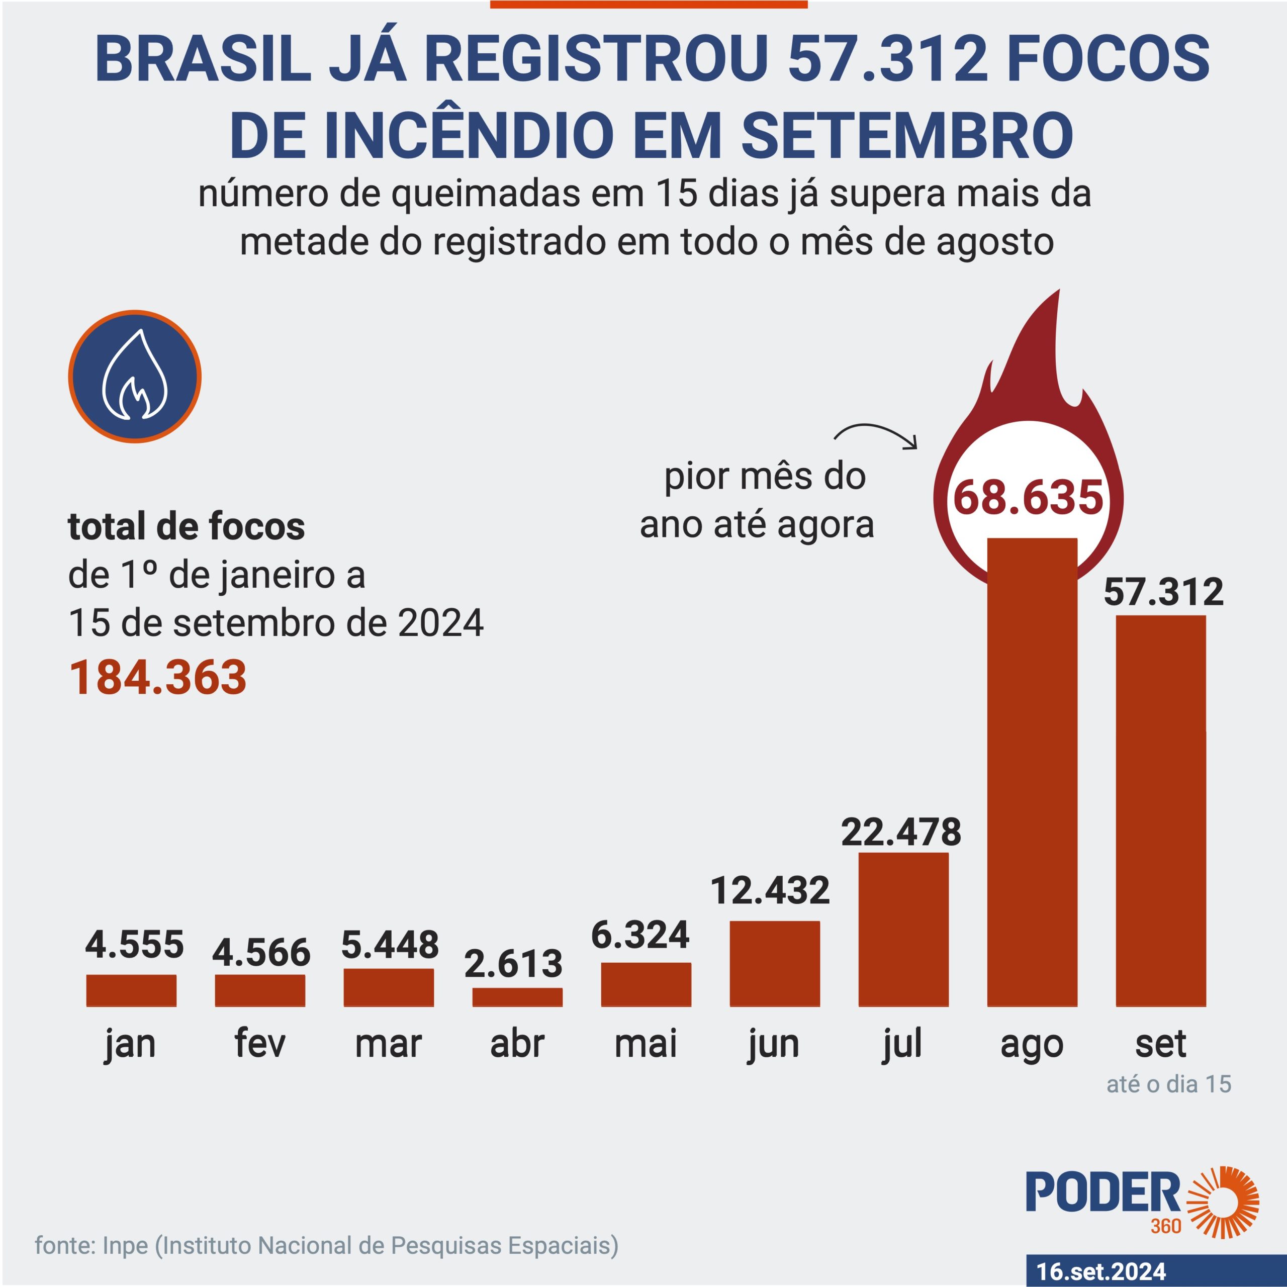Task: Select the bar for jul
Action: tap(903, 929)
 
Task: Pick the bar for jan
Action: tap(131, 990)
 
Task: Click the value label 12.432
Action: tap(770, 891)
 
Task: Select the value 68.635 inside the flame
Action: tap(1029, 498)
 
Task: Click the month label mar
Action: tap(389, 1043)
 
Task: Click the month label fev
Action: tap(260, 1043)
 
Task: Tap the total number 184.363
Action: tap(158, 678)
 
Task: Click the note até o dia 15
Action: tap(1168, 1084)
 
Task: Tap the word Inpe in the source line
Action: tap(125, 1245)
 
